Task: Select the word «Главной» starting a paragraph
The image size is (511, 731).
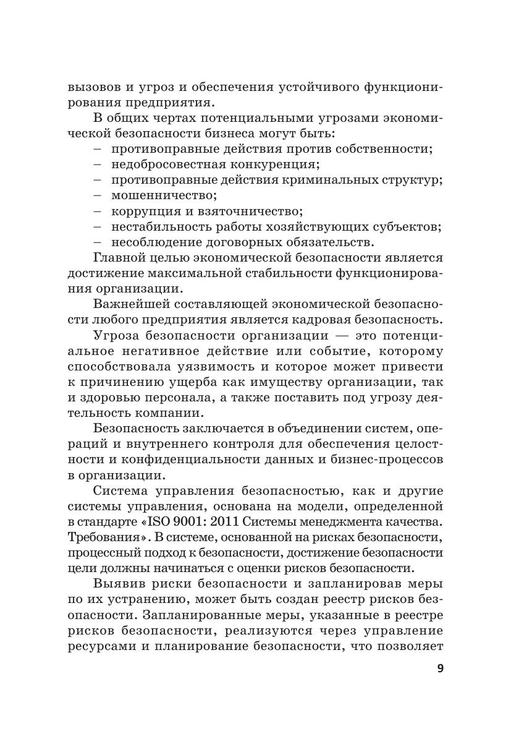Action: (x=118, y=256)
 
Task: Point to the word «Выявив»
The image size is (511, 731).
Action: (x=119, y=583)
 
